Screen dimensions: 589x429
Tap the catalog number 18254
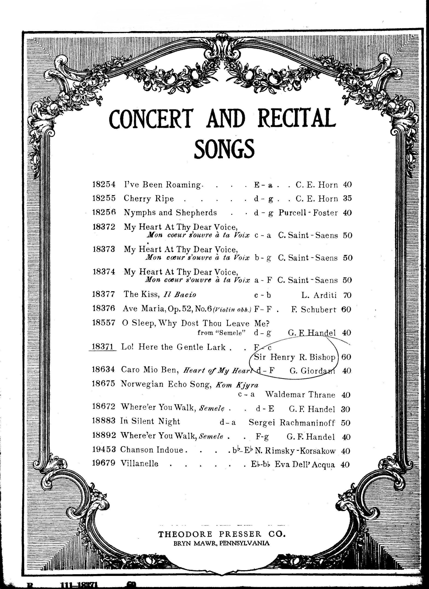coord(104,185)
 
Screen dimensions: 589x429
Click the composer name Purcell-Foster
coord(308,213)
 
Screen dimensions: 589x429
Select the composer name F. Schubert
coord(314,309)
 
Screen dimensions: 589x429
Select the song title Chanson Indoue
coord(152,450)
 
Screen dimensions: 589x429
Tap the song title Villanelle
coord(139,464)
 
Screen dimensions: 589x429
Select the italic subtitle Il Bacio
coord(180,295)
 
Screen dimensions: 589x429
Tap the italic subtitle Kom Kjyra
coord(237,385)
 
